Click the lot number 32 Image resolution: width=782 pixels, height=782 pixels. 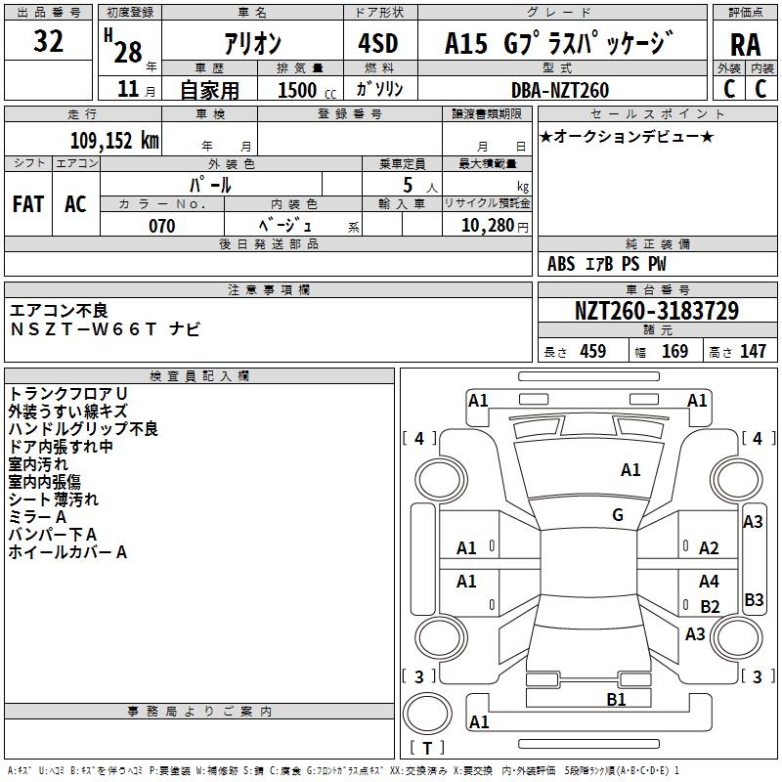48,42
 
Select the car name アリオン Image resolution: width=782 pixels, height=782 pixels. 253,43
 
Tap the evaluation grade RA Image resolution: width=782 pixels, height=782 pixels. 745,44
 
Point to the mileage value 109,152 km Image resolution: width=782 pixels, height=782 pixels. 113,141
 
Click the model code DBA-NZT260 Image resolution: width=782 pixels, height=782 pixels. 559,90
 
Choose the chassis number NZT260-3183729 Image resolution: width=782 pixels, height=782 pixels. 656,312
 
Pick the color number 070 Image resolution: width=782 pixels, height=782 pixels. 161,226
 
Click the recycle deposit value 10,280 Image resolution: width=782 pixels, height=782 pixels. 485,226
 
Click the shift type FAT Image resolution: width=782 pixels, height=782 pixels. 28,203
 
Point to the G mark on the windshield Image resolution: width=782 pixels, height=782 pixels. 618,515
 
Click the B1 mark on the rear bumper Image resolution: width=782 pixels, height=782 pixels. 616,699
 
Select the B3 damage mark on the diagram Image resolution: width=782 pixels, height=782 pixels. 754,599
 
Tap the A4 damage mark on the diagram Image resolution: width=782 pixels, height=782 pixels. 709,582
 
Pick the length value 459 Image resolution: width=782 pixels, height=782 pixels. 592,351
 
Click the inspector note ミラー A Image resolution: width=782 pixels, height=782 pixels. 37,517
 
